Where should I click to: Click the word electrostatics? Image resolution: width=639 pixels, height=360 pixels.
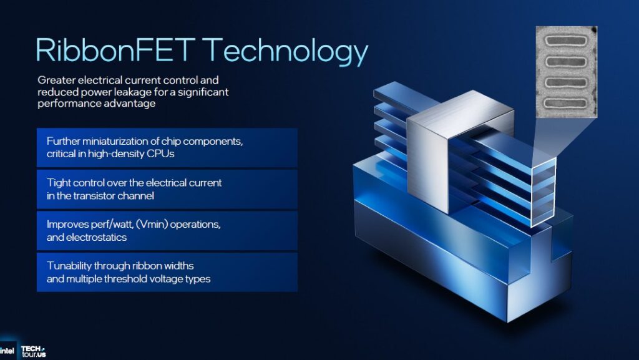pyautogui.click(x=97, y=236)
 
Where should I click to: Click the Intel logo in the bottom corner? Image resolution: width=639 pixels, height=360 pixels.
pyautogui.click(x=8, y=351)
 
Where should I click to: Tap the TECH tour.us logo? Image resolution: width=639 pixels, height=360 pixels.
pyautogui.click(x=33, y=351)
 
